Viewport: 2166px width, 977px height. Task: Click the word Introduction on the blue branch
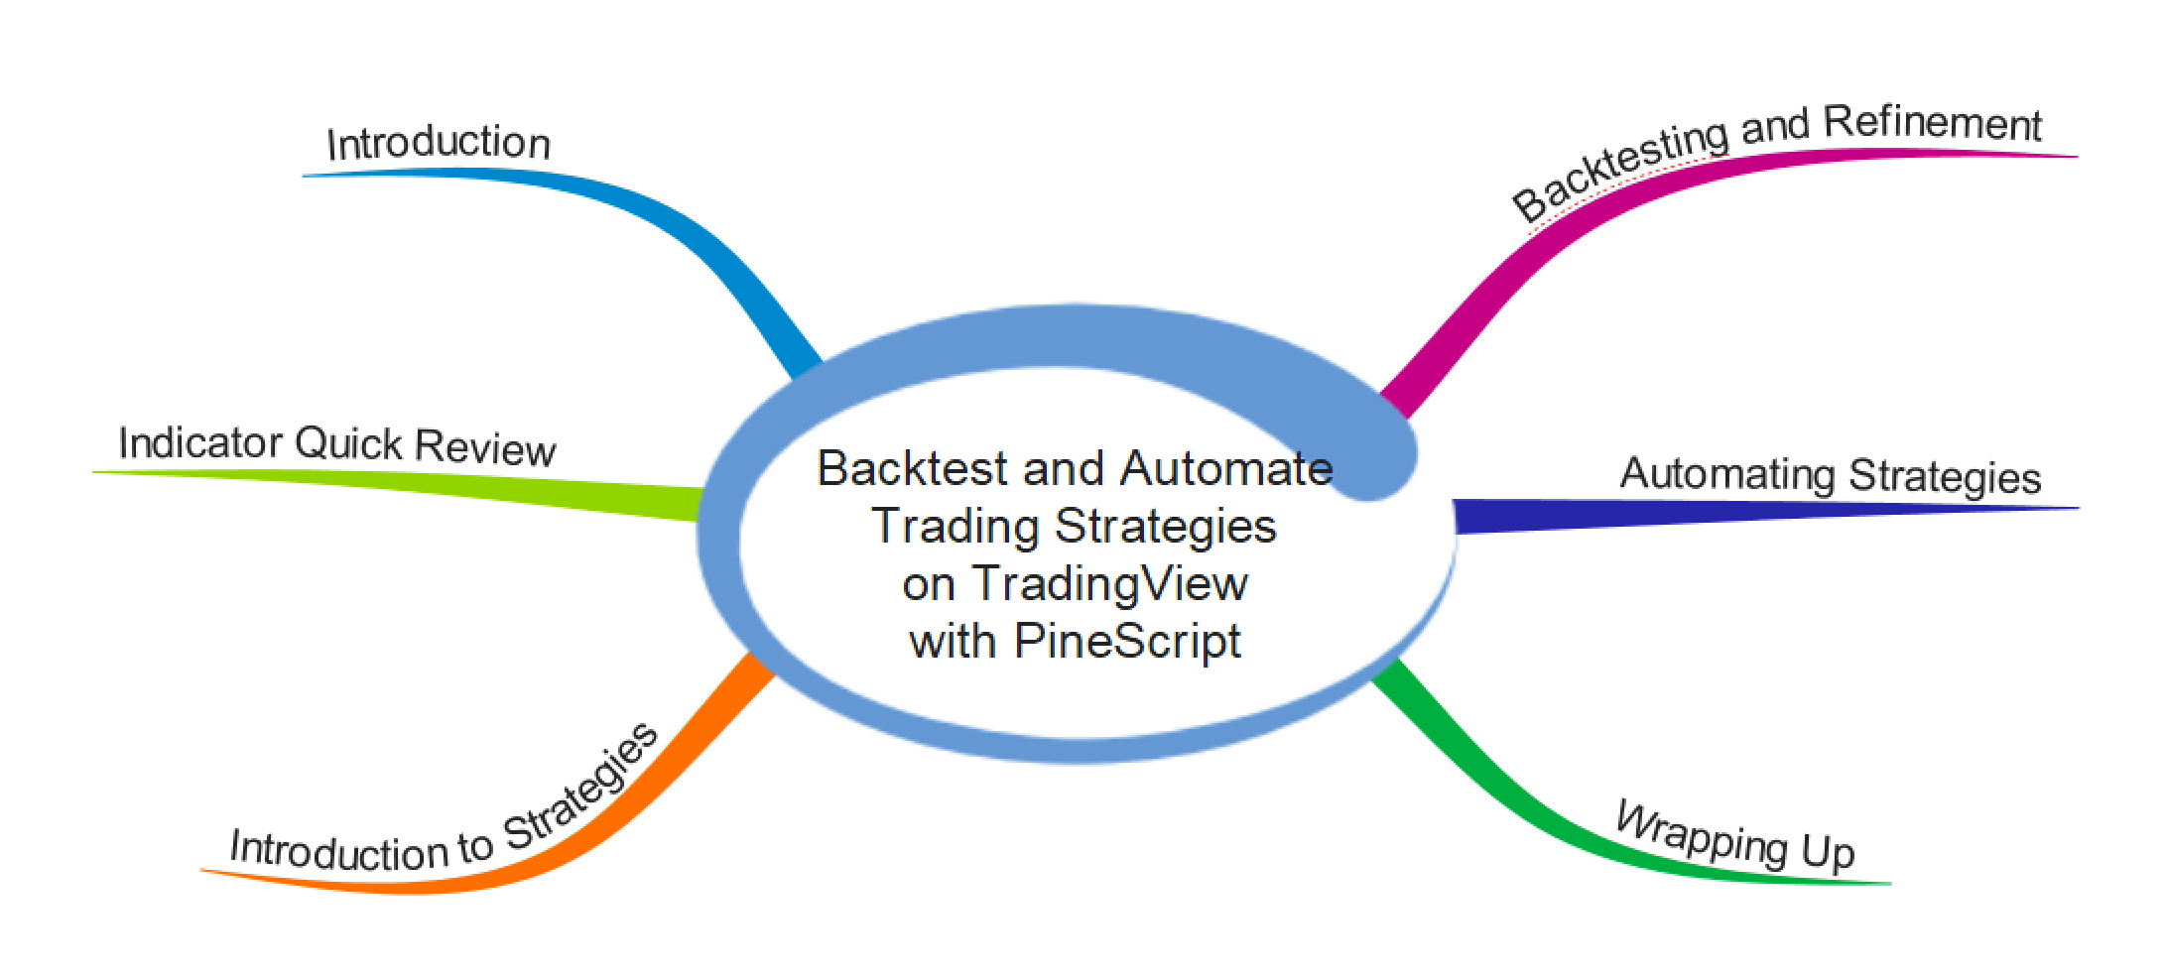pyautogui.click(x=439, y=143)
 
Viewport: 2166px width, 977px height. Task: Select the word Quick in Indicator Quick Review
pyautogui.click(x=348, y=443)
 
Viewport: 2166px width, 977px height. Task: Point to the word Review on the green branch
pyautogui.click(x=485, y=447)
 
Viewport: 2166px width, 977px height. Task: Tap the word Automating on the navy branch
pyautogui.click(x=1726, y=474)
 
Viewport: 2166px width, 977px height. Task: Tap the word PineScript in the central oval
pyautogui.click(x=1127, y=641)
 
